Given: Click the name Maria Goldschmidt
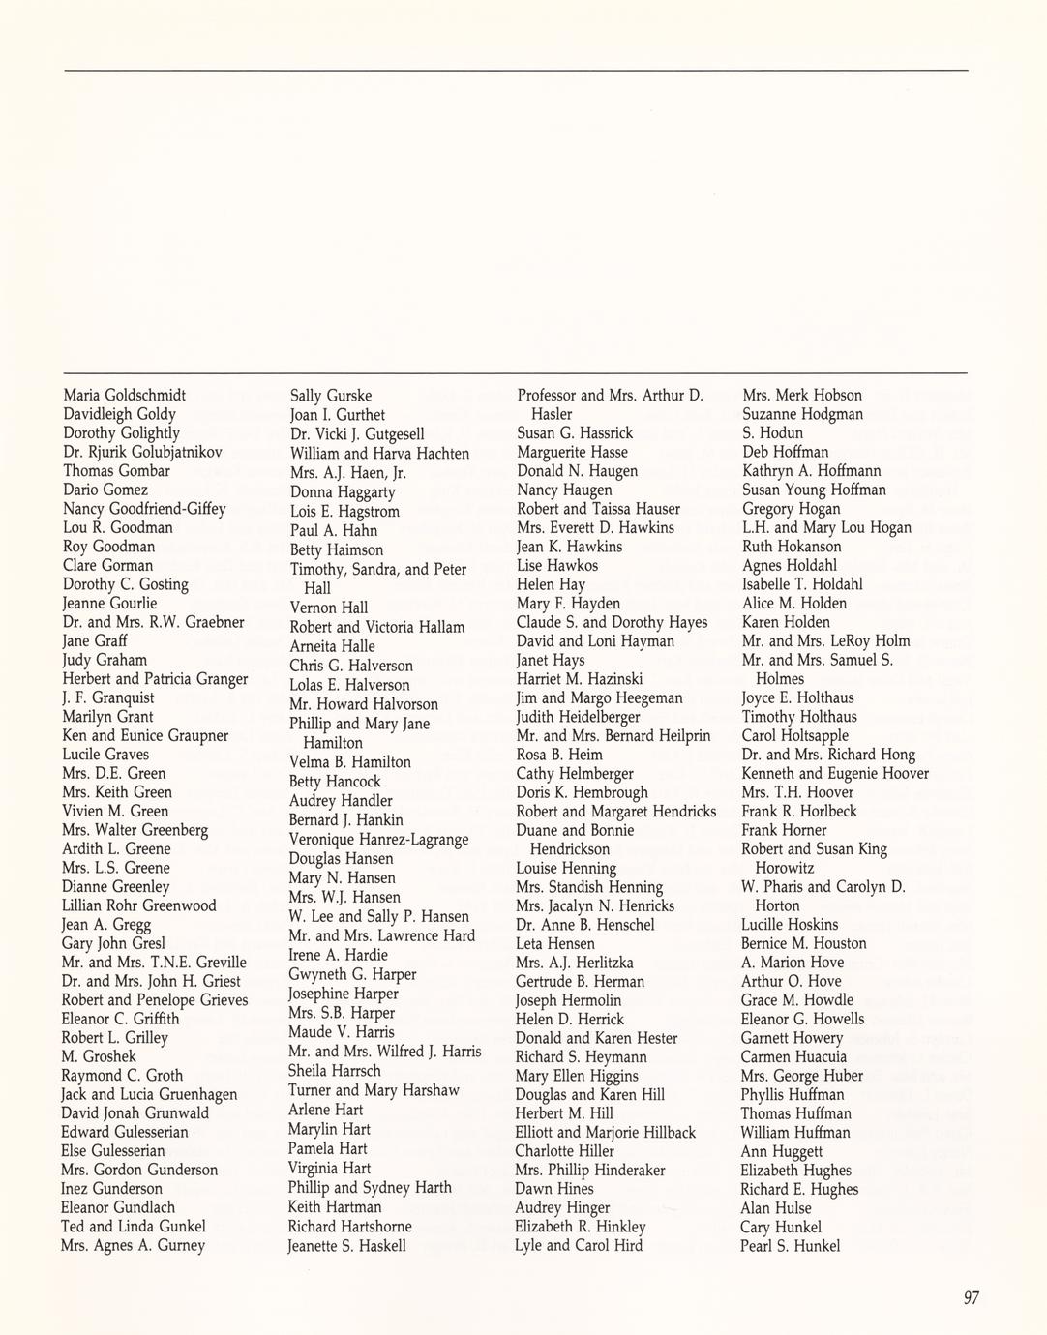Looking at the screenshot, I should tap(125, 395).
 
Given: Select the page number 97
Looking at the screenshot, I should tap(972, 1298).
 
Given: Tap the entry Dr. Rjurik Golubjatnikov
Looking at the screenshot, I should tap(142, 452).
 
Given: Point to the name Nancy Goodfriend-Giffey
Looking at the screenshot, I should tap(144, 509).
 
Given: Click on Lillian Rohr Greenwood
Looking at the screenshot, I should tap(138, 905).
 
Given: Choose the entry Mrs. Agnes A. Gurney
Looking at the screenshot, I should tap(133, 1245).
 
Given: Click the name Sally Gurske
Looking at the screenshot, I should tap(331, 396).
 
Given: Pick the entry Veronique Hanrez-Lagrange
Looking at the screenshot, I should tap(378, 840).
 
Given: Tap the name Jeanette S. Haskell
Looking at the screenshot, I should tap(346, 1246).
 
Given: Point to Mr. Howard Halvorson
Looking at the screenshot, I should tap(363, 704).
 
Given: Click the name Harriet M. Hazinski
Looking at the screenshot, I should tap(580, 679).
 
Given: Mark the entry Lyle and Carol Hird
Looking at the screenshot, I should tap(579, 1245).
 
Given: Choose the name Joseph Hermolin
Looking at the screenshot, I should tap(568, 1000).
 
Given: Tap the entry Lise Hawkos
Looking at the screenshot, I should tap(557, 565).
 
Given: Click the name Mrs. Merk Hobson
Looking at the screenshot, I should tap(802, 395).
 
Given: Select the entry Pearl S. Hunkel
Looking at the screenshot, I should tap(791, 1246).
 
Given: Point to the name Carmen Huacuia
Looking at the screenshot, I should tap(793, 1056).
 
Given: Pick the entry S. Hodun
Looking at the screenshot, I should tap(772, 432).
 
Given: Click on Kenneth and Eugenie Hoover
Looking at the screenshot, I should tap(835, 773).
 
